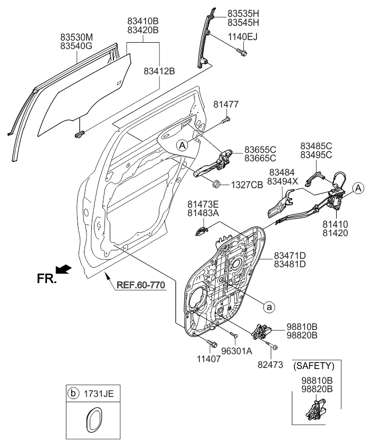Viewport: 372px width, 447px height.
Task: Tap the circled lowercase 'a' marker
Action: click(269, 305)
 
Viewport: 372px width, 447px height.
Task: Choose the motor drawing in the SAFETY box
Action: click(314, 413)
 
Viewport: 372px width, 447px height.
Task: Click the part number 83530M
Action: click(77, 38)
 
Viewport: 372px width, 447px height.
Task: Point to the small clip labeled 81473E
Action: click(202, 231)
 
